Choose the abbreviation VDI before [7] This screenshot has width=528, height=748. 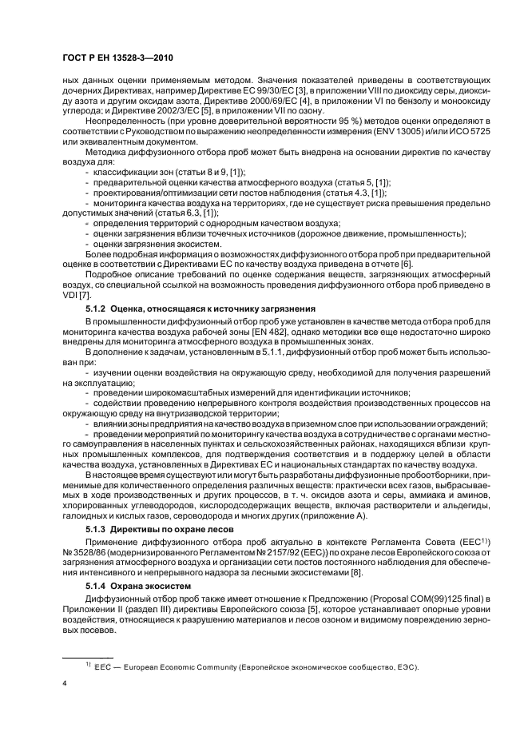click(71, 295)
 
